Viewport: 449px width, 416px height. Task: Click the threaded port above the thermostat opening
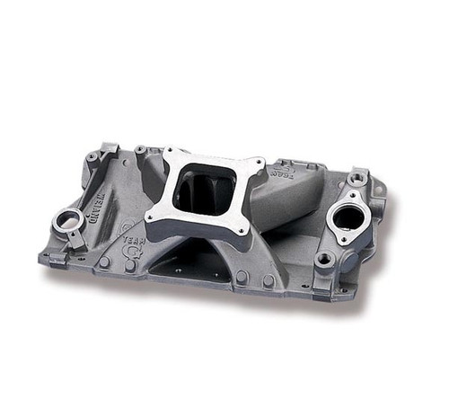357,180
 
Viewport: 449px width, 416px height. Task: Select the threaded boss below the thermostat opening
325,259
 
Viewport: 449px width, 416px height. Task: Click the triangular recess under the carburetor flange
184,261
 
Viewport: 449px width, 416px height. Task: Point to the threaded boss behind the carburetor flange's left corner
140,149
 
